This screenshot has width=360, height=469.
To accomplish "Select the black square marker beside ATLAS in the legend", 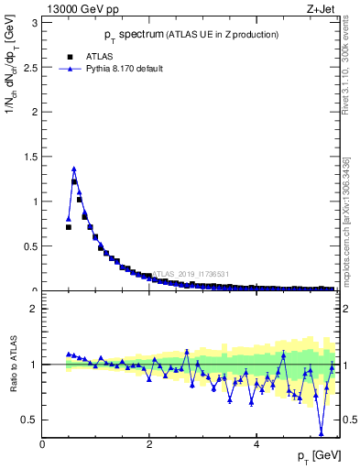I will [69, 55].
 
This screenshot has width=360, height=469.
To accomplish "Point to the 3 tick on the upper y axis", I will [36, 21].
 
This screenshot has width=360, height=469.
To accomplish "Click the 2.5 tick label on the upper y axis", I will [31, 66].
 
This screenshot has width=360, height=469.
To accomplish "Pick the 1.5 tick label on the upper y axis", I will [31, 156].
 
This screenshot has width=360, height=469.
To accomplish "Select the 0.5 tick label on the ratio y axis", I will [31, 420].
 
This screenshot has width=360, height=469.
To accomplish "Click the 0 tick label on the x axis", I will [42, 444].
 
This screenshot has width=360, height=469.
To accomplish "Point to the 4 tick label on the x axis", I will [256, 444].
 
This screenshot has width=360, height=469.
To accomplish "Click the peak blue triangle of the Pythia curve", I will [74, 169].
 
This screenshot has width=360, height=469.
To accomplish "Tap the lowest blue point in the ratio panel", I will [322, 433].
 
